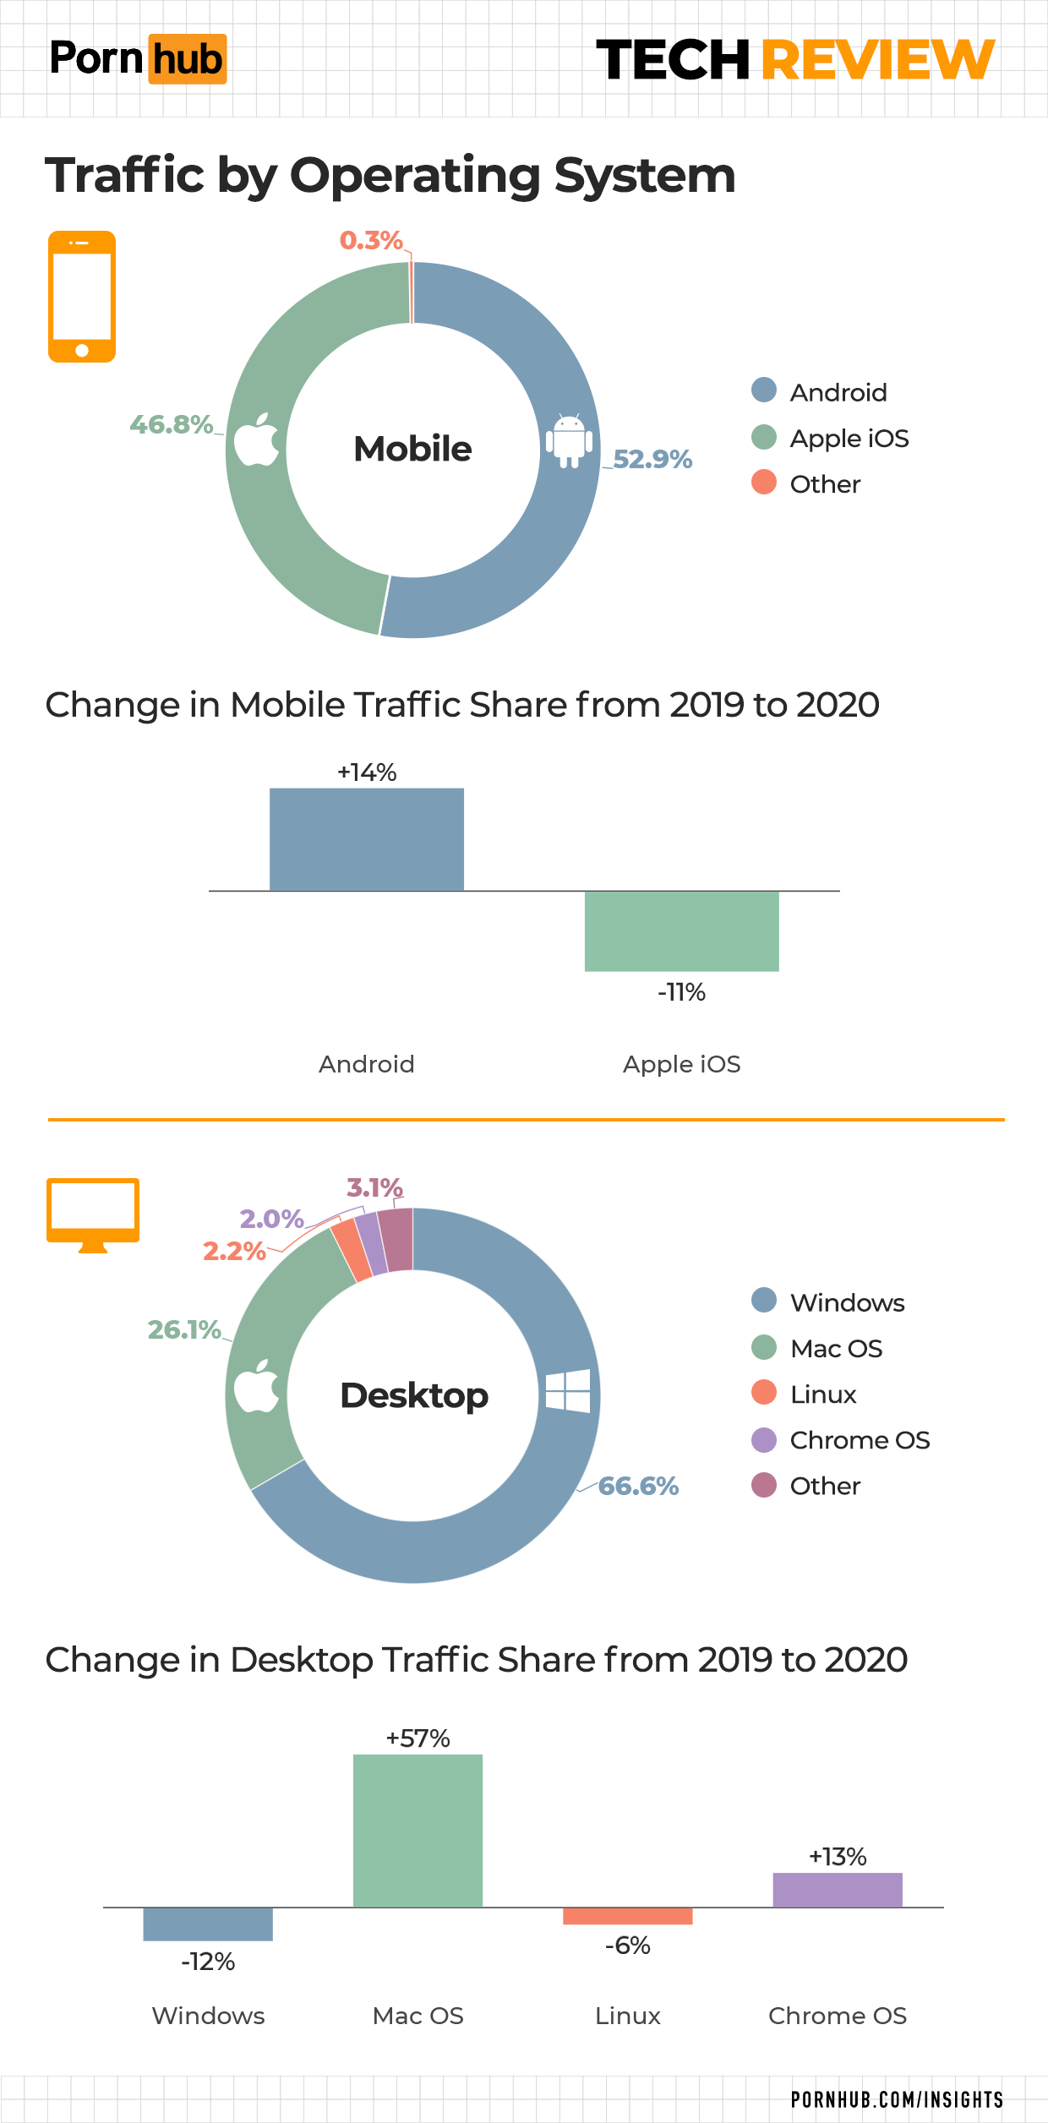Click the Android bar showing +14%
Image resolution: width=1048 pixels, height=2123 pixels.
[366, 838]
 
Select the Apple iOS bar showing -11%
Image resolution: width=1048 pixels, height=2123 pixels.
[681, 931]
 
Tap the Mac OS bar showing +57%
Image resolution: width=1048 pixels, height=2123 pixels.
[418, 1830]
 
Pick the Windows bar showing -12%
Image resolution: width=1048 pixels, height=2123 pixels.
[208, 1924]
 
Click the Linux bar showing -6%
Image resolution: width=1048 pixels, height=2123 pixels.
[627, 1916]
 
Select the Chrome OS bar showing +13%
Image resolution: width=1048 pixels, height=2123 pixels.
[838, 1890]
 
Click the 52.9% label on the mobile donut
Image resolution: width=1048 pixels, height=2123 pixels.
[652, 459]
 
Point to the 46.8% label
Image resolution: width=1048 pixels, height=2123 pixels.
[171, 424]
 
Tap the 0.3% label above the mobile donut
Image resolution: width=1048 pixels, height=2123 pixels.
[371, 241]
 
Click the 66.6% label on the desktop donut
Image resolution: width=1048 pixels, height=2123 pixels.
[638, 1486]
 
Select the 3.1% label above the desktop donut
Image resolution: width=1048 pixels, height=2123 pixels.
[374, 1187]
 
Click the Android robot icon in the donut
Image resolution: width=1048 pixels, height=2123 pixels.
[569, 440]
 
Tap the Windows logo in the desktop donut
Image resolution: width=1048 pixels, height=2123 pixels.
[568, 1390]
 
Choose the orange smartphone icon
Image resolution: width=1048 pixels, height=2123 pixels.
[82, 297]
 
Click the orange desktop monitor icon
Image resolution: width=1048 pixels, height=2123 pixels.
[93, 1214]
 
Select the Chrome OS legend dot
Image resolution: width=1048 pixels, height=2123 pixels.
[764, 1440]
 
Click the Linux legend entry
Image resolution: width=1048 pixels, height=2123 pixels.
[822, 1394]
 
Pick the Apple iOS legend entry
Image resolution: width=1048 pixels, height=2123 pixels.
[849, 439]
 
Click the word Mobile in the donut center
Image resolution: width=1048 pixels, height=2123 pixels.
[412, 449]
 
